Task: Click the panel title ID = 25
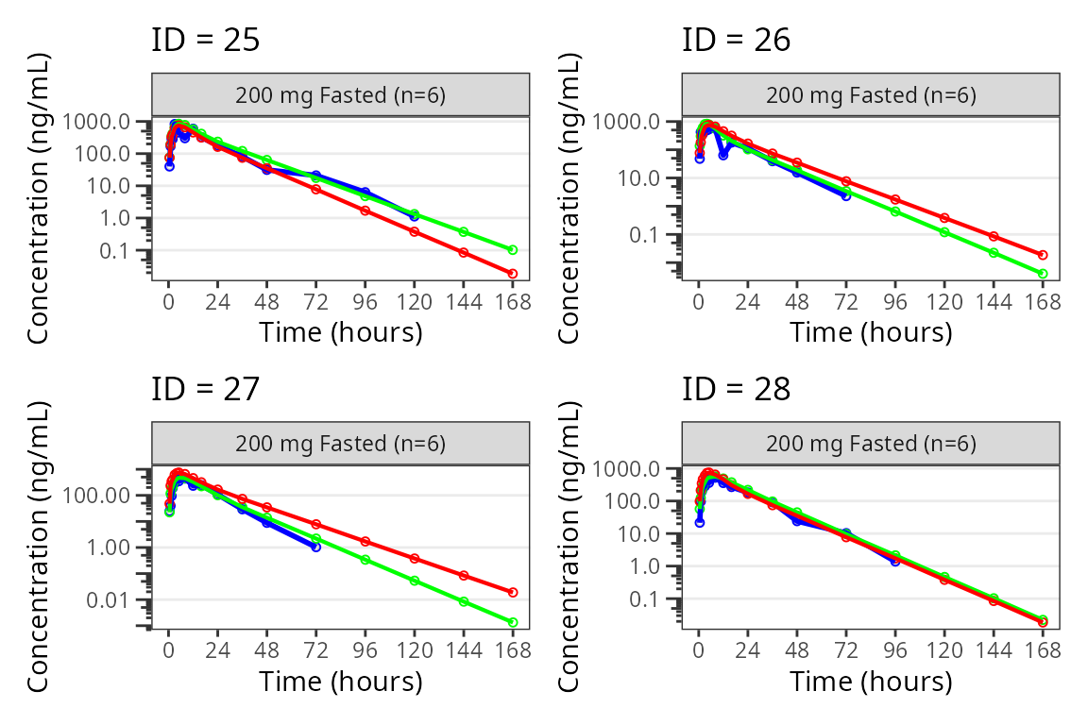point(205,40)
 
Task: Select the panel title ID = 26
point(736,40)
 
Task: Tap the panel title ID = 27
point(205,388)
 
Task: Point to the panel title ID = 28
point(736,388)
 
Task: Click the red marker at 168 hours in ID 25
point(513,274)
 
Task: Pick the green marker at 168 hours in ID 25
point(513,250)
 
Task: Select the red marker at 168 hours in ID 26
point(1043,255)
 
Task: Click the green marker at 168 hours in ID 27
point(513,622)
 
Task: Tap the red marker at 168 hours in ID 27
point(513,592)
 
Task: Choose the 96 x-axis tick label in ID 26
point(894,302)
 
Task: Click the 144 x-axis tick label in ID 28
point(994,650)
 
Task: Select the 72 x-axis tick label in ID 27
point(315,650)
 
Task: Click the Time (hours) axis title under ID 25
point(341,332)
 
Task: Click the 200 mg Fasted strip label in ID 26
point(870,95)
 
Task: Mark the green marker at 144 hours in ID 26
point(994,253)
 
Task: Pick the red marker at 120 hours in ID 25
point(414,231)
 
